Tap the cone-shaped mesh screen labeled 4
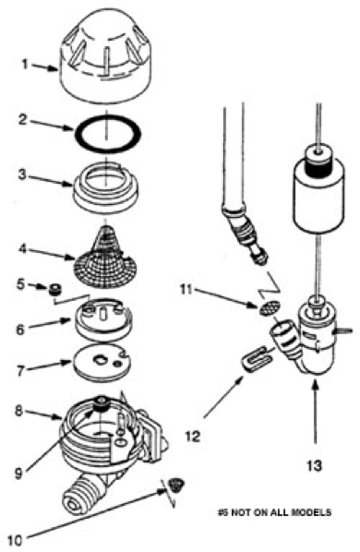click(x=105, y=259)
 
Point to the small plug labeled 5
click(x=54, y=289)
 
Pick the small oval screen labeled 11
click(x=270, y=307)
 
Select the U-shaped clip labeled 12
click(x=257, y=359)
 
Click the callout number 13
click(x=314, y=465)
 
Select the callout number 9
click(x=18, y=473)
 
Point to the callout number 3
click(x=22, y=174)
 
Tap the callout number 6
click(x=20, y=330)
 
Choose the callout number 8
click(x=18, y=411)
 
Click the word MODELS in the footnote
click(x=311, y=512)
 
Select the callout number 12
click(x=193, y=437)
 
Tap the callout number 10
click(x=14, y=539)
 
